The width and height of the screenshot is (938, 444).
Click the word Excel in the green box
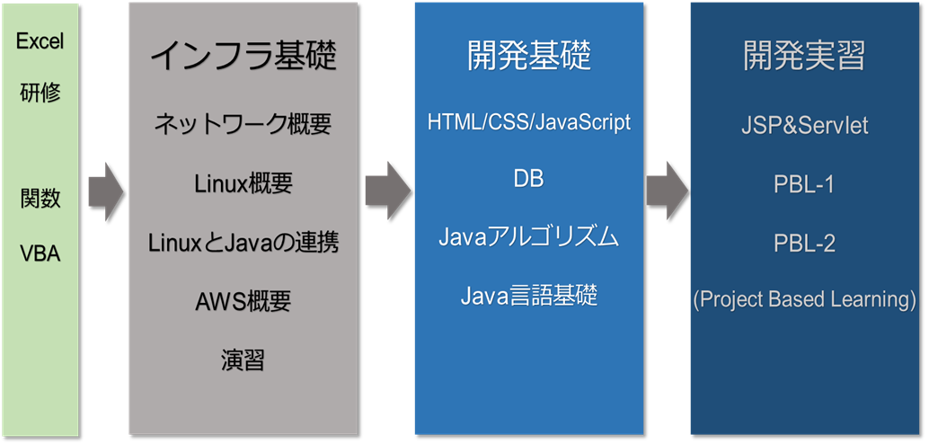40,41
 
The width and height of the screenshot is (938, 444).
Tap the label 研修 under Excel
40,92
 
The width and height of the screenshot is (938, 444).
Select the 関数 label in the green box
40,198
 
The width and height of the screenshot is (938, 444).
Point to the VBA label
40,253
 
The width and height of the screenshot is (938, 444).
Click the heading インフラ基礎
243,57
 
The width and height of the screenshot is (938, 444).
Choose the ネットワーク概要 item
243,124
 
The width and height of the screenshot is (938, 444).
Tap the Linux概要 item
243,184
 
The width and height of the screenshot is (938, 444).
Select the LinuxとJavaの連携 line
243,243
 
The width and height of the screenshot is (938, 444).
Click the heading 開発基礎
528,57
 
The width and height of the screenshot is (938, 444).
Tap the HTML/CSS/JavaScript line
528,122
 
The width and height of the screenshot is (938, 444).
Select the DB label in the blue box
528,179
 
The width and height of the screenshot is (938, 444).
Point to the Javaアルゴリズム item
528,237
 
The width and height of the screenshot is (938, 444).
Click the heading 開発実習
804,57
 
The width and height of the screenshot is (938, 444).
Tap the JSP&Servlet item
804,126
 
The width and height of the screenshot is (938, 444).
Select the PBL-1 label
804,184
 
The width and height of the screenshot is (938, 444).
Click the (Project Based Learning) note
804,299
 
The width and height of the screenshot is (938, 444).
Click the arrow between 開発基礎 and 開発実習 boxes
667,191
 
